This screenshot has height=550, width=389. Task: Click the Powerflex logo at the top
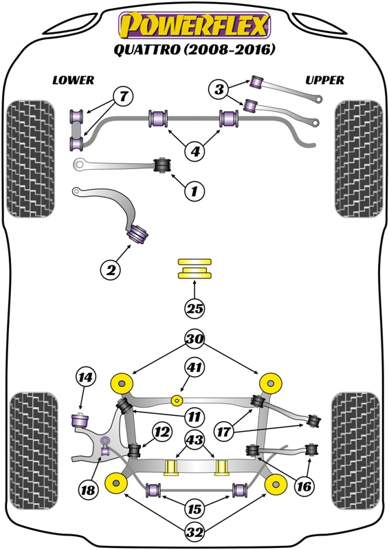(194, 25)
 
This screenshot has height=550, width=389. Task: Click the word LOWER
(74, 80)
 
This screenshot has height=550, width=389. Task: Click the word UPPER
(324, 80)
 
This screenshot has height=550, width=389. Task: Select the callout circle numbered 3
(219, 88)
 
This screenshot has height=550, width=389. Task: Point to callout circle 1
(194, 190)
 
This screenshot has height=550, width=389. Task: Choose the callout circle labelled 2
(111, 270)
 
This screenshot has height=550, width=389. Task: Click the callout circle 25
(194, 309)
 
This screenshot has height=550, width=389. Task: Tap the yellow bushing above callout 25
(194, 268)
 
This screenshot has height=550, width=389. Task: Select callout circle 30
(194, 338)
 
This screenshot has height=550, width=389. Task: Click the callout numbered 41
(194, 368)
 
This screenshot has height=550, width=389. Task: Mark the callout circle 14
(85, 377)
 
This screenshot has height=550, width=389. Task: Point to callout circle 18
(87, 489)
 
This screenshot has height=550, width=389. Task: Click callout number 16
(304, 487)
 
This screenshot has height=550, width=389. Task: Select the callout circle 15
(194, 509)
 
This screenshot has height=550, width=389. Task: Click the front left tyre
(29, 159)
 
